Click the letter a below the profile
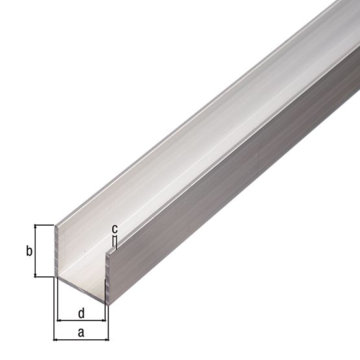click(x=80, y=332)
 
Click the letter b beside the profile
click(x=29, y=251)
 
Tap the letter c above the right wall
click(x=114, y=228)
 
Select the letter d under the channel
click(x=81, y=313)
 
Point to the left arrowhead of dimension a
click(x=56, y=339)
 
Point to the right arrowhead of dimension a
click(x=107, y=339)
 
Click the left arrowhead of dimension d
click(x=60, y=320)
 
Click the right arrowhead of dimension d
click(x=103, y=320)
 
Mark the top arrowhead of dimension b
click(x=36, y=228)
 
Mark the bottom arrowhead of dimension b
click(x=36, y=274)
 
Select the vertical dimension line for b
click(x=36, y=251)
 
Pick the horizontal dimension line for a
click(x=81, y=339)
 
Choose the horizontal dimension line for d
click(x=81, y=320)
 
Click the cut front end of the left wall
click(x=57, y=253)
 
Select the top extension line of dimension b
click(x=44, y=224)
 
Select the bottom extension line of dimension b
click(x=44, y=277)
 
